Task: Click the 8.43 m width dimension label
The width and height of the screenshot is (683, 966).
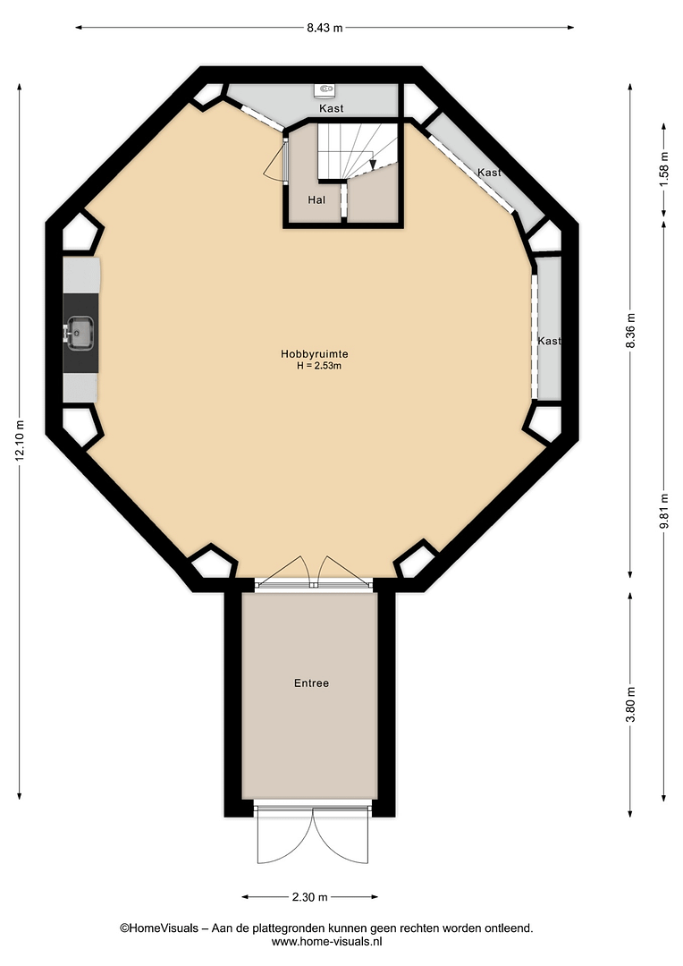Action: pos(325,28)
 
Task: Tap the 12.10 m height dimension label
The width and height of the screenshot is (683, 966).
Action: pos(21,440)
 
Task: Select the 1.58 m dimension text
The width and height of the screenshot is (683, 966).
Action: pos(664,169)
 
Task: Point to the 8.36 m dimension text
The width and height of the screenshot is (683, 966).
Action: pos(630,331)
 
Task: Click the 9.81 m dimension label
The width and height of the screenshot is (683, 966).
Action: pos(664,512)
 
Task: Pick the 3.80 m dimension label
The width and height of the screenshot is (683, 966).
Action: pos(630,706)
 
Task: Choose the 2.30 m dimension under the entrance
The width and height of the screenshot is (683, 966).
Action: pos(310,897)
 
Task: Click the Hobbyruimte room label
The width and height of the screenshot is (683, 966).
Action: pos(315,354)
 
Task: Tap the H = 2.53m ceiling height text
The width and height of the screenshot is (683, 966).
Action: pos(319,365)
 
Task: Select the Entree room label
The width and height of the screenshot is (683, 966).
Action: pos(312,683)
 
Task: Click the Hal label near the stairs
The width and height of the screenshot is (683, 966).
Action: pos(316,199)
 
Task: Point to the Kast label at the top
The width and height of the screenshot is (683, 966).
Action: pos(332,108)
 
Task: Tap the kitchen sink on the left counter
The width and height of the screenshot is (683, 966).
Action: pos(80,333)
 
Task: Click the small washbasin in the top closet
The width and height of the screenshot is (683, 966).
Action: pos(325,90)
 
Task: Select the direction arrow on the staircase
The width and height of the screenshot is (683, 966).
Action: pos(373,163)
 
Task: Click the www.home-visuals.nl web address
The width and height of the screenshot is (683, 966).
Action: pos(327,941)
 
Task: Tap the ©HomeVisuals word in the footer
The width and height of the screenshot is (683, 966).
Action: pos(159,928)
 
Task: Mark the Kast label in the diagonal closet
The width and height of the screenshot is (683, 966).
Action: pos(490,173)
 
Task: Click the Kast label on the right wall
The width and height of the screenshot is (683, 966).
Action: pos(550,341)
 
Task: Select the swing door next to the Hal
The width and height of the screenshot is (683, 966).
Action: pos(277,161)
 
